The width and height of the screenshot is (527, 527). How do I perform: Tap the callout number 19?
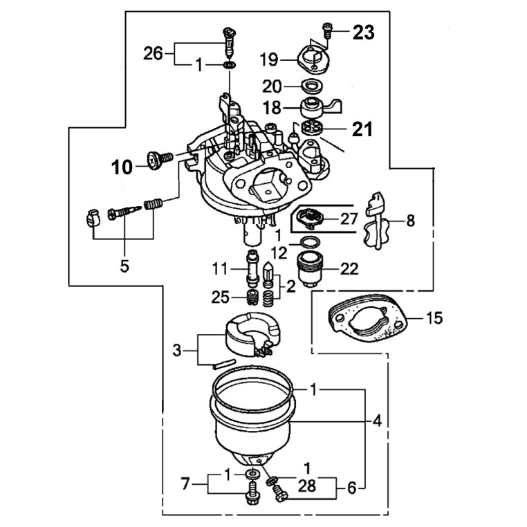tap(270, 60)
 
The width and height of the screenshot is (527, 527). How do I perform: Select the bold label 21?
tap(362, 129)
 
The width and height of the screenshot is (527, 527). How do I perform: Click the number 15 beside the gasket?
tap(434, 319)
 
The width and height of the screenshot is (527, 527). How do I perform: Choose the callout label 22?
tap(349, 269)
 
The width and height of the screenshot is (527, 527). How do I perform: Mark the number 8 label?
tap(410, 221)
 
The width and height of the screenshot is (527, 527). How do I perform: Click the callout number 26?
tap(154, 52)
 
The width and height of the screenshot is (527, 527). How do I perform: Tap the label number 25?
tap(219, 297)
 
